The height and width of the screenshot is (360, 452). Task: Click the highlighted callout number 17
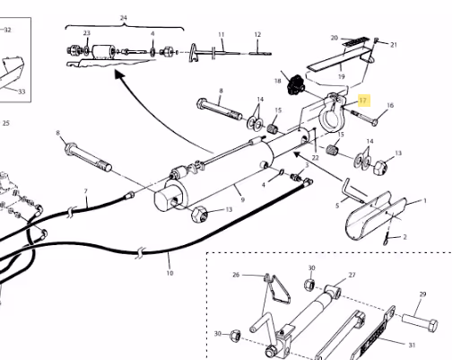click(x=362, y=101)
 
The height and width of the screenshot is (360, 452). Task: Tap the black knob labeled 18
click(x=295, y=84)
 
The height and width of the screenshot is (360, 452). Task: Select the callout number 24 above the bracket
click(x=124, y=18)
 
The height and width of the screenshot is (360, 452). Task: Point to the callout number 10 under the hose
click(x=169, y=273)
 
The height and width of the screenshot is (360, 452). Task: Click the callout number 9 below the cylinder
click(x=242, y=200)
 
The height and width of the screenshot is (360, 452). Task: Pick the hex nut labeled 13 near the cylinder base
click(x=198, y=214)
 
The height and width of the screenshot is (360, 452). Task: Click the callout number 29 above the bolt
click(x=422, y=294)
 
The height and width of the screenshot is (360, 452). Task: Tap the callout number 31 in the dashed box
click(x=412, y=345)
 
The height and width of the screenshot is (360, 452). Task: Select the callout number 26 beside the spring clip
click(x=236, y=275)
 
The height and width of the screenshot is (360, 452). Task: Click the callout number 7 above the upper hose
click(x=86, y=191)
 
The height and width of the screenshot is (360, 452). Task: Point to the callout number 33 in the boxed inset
click(x=22, y=92)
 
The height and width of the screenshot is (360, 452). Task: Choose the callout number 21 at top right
click(x=394, y=45)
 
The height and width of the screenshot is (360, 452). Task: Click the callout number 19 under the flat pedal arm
click(x=342, y=76)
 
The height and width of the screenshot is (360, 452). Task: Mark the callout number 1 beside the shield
click(x=425, y=201)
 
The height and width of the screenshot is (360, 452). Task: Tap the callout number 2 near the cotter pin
click(x=404, y=237)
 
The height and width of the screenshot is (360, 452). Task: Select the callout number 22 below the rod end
click(x=315, y=158)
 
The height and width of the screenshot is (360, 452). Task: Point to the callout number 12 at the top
click(x=257, y=35)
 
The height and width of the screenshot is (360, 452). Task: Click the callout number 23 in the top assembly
click(x=86, y=33)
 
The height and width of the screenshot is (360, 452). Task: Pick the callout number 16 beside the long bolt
click(x=390, y=105)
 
